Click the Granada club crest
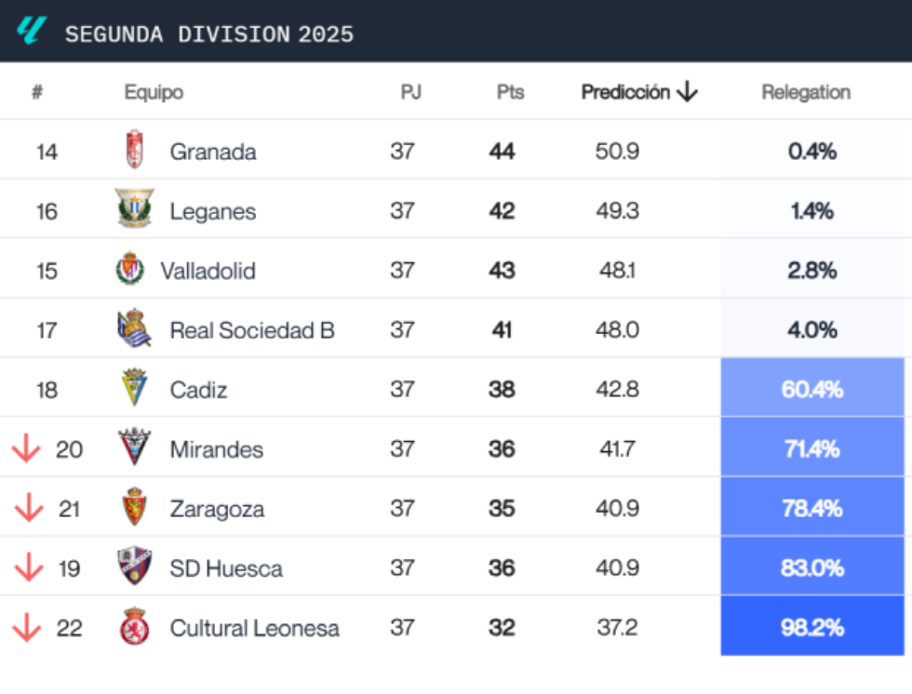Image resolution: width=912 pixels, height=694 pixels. (135, 151)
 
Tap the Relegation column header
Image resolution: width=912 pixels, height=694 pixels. (806, 92)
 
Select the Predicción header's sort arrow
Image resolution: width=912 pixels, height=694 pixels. (687, 92)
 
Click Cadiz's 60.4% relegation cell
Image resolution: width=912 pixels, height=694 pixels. (811, 389)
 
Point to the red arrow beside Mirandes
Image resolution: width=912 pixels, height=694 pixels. (26, 449)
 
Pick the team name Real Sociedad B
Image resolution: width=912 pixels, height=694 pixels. (251, 330)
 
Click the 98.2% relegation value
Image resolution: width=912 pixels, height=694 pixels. (811, 627)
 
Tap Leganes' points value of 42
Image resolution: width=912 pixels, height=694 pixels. (502, 211)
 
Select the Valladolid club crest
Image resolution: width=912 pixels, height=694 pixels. (129, 270)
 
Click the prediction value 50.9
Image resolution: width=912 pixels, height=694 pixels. (617, 152)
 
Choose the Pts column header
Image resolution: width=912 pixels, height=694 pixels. (510, 92)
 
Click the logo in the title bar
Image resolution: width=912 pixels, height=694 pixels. (31, 32)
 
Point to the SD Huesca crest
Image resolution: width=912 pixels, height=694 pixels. (135, 567)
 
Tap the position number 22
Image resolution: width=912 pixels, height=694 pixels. (69, 628)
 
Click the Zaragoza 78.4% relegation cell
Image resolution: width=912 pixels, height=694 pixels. (811, 508)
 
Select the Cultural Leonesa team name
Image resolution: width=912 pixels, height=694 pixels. (254, 628)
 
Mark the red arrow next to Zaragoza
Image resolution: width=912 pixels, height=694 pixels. (29, 509)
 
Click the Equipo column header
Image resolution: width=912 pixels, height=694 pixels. (154, 92)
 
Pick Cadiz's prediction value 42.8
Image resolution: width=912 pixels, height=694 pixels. (617, 390)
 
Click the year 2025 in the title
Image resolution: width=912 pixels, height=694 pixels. (326, 34)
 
